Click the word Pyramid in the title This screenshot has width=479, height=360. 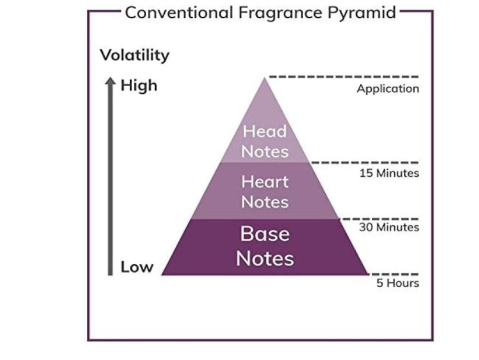[x=362, y=13]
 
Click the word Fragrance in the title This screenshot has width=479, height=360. [x=280, y=13]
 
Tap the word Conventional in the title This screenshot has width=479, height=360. [x=179, y=12]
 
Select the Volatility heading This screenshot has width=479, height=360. [x=135, y=55]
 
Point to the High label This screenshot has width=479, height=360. [x=139, y=85]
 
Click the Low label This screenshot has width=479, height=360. [x=137, y=267]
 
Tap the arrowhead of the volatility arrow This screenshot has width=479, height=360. [x=110, y=81]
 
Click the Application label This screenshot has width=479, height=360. [x=388, y=89]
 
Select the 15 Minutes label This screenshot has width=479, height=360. [x=389, y=173]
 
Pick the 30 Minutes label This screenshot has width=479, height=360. [x=389, y=227]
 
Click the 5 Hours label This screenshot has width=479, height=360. [x=398, y=283]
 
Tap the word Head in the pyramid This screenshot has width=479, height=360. [x=265, y=131]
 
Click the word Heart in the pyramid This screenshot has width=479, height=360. [x=265, y=182]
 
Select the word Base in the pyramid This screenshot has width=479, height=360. [x=265, y=234]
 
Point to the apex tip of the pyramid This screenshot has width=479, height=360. [x=264, y=78]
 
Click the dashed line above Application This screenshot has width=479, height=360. [x=343, y=77]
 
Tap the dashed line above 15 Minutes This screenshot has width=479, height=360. [x=365, y=163]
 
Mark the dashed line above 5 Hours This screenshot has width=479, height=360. [x=393, y=274]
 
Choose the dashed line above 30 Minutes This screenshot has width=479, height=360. [x=379, y=219]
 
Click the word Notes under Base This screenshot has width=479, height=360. [x=265, y=258]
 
